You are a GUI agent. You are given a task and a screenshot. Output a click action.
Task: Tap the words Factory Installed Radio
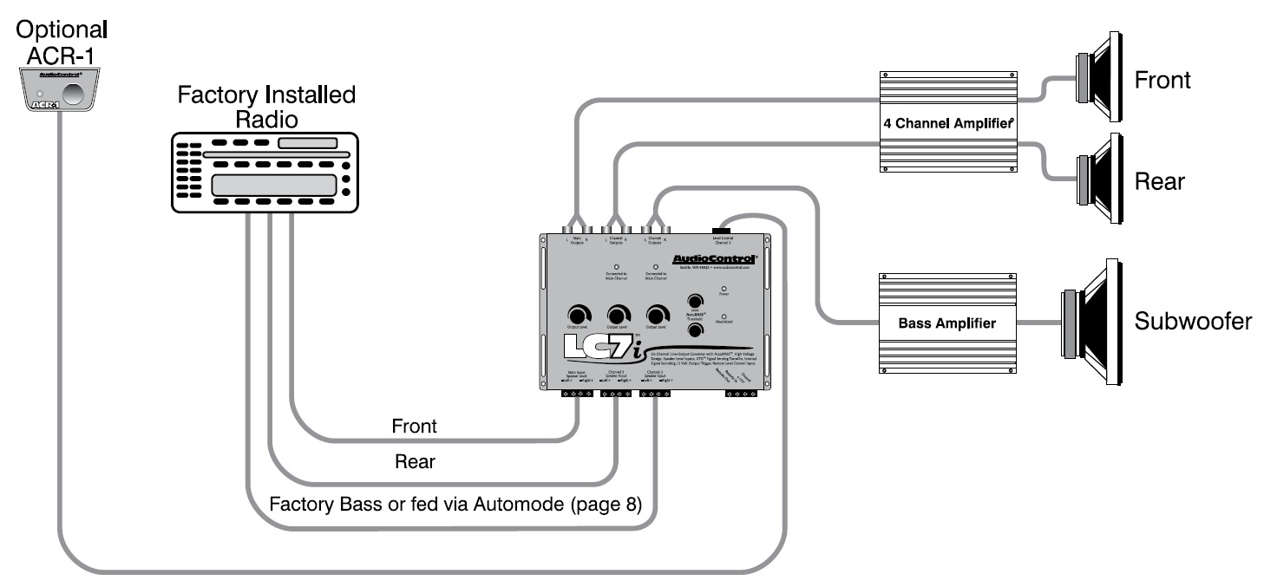coord(266,107)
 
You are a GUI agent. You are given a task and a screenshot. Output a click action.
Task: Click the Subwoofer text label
coord(1193,322)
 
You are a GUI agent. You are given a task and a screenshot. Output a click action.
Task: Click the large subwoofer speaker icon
coord(1089,322)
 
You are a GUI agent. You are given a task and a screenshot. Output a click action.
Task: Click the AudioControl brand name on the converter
coord(714,258)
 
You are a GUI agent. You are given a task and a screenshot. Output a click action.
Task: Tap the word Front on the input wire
coord(414,426)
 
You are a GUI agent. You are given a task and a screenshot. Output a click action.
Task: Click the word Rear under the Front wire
coord(414,462)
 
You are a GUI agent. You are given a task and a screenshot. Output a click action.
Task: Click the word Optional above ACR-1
coord(62,29)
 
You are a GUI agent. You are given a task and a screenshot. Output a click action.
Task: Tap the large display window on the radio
coord(273,185)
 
